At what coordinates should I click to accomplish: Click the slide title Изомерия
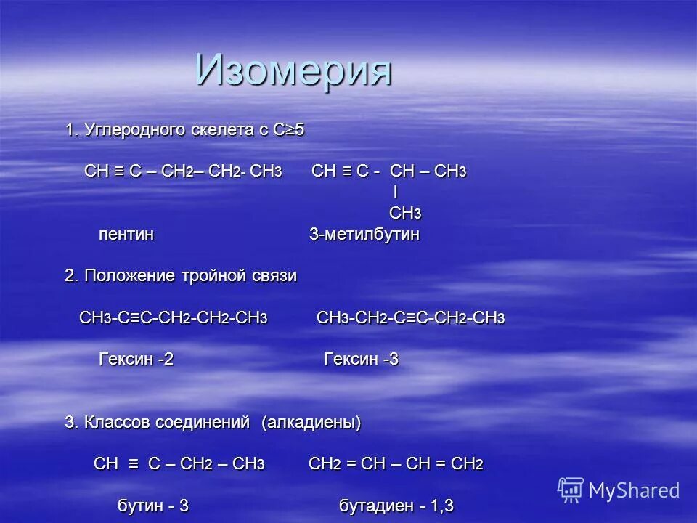coord(294,70)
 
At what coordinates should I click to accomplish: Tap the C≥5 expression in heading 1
coord(288,131)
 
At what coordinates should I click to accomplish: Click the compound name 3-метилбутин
coord(364,235)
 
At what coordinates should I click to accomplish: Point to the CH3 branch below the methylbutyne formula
coord(405,214)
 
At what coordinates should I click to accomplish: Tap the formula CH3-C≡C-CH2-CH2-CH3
coord(174,319)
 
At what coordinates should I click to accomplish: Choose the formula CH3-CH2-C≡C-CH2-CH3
coord(410,319)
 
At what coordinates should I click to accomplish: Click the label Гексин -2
coord(136,360)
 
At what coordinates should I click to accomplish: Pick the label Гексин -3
coord(361,360)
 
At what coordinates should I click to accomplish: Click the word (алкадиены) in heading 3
coord(311,422)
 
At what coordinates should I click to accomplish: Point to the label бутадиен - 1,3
coord(396,506)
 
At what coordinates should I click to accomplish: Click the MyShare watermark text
coord(634,490)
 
